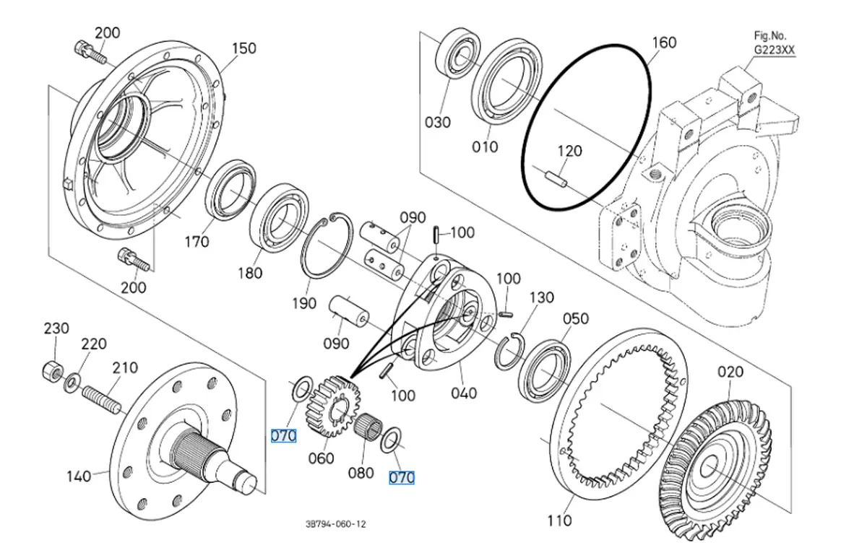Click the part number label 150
244,48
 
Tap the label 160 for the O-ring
664,42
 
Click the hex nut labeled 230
49,372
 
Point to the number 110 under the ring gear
559,520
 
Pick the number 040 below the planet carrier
463,393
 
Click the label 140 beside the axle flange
79,476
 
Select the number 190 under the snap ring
303,303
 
